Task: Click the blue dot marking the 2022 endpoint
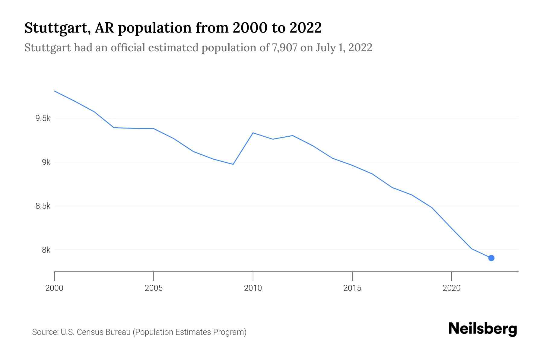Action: tap(491, 258)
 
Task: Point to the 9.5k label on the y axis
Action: tap(43, 118)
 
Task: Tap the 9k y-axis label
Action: tap(46, 162)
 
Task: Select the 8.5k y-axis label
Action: tap(43, 206)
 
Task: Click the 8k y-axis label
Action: tap(46, 250)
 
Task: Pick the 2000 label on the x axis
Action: tap(54, 288)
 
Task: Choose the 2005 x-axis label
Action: tap(154, 288)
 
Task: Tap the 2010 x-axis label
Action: tap(253, 288)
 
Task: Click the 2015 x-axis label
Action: tap(352, 288)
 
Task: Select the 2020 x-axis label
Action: tap(451, 288)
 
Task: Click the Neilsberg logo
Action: tap(482, 329)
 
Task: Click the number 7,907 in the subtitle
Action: tap(284, 48)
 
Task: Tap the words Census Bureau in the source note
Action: tap(104, 332)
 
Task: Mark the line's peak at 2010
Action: tap(253, 133)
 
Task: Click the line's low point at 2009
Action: tap(233, 164)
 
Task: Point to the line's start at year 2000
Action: tap(55, 91)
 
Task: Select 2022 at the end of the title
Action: tap(305, 28)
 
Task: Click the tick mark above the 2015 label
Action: tap(352, 276)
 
